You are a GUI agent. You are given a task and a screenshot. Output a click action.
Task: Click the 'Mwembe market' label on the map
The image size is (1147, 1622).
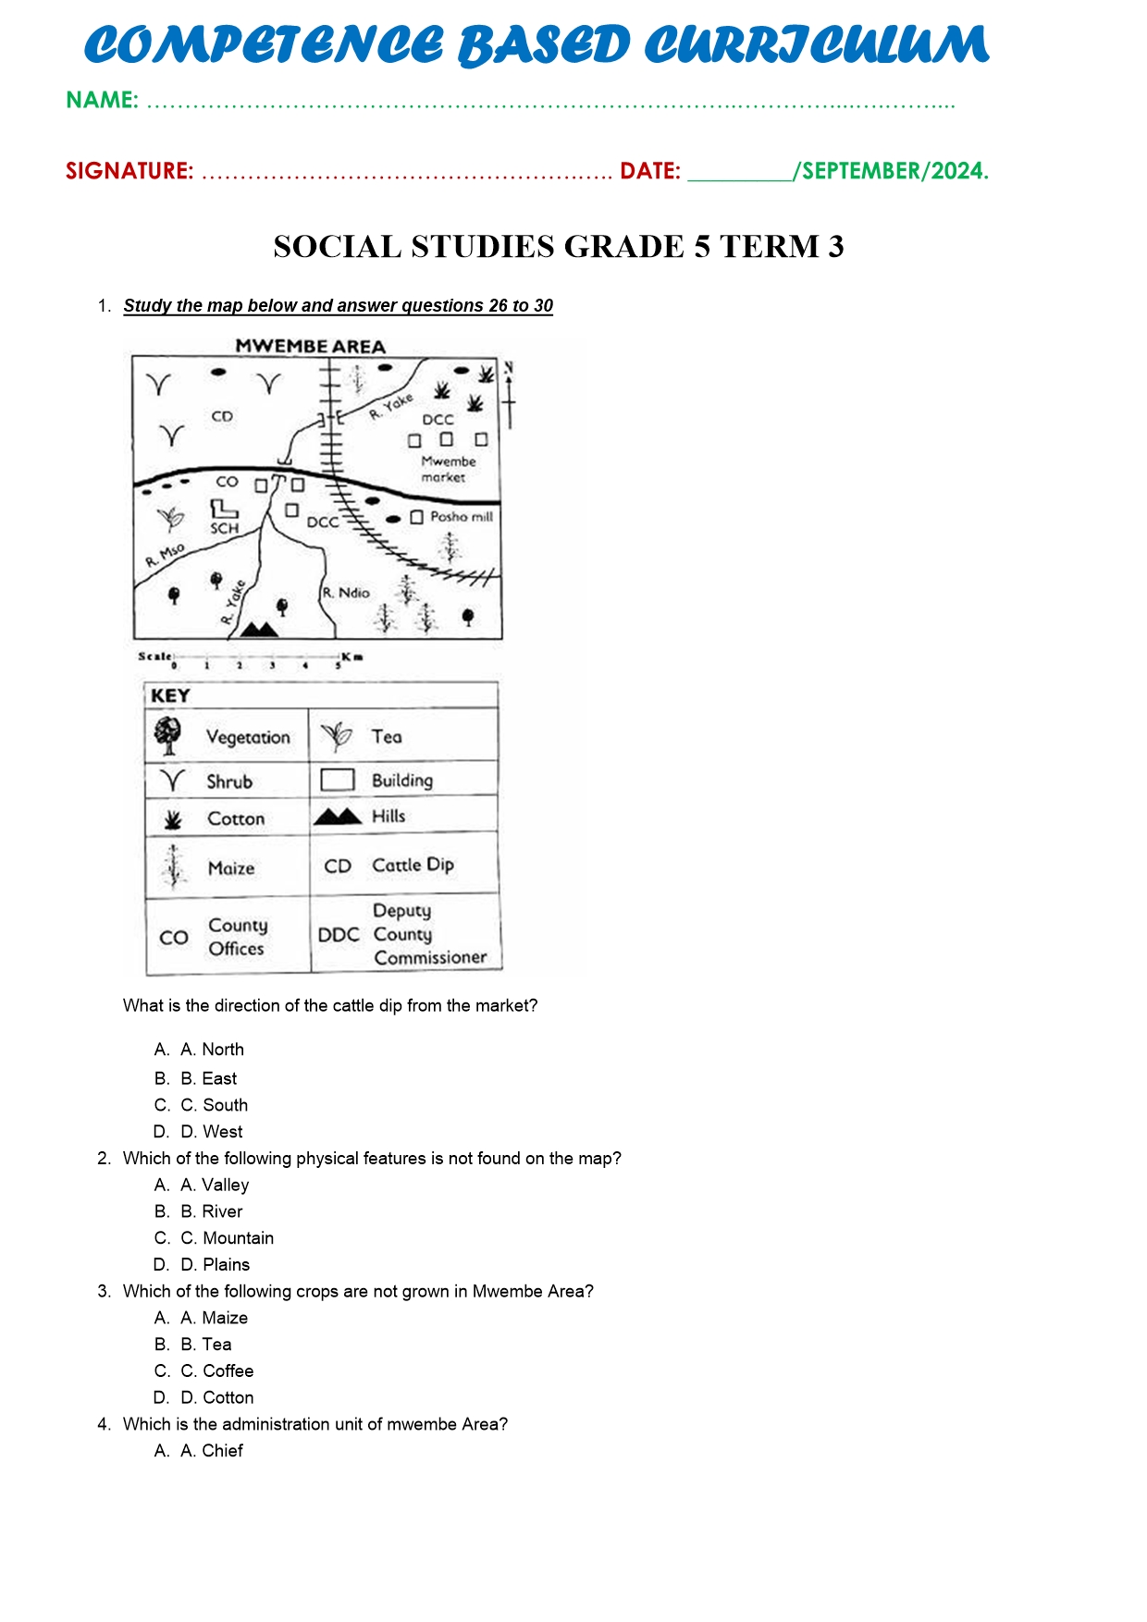click(x=448, y=469)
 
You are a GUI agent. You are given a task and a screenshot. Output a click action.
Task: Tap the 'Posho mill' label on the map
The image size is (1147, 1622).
click(x=461, y=517)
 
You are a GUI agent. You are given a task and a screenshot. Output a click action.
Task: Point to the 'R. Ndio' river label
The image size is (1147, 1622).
click(x=346, y=593)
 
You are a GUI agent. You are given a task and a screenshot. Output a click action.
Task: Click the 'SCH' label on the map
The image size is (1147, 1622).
click(x=224, y=528)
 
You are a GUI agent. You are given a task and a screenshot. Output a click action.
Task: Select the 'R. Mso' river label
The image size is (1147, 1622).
click(x=166, y=555)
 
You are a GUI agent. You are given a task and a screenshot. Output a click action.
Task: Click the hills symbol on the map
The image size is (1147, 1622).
click(x=259, y=630)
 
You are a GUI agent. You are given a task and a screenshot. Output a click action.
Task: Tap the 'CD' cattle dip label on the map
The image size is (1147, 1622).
click(x=222, y=416)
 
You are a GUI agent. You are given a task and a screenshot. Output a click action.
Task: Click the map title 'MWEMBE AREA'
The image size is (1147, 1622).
click(x=310, y=347)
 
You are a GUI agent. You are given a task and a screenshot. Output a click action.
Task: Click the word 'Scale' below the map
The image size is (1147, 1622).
click(x=154, y=657)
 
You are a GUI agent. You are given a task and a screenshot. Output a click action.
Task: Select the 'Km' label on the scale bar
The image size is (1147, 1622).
click(x=351, y=657)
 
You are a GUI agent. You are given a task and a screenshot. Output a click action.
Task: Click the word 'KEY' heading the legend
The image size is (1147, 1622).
click(x=170, y=695)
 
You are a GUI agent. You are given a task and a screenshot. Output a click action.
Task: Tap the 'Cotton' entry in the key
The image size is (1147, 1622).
click(x=236, y=818)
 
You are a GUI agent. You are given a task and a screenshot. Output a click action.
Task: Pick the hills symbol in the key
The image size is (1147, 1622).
click(x=337, y=816)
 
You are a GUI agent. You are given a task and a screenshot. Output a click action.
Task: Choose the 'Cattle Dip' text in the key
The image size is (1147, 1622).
click(x=413, y=865)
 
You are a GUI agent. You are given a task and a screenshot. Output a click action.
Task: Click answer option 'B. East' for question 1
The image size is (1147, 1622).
click(x=209, y=1078)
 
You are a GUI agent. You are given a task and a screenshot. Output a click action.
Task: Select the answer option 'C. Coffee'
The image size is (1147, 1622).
click(x=217, y=1370)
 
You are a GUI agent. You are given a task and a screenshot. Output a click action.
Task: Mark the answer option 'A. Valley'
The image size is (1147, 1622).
click(x=215, y=1185)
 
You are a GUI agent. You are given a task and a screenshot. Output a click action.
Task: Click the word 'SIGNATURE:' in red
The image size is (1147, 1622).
click(x=129, y=171)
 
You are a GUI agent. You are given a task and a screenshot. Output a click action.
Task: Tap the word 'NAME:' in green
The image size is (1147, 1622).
click(x=102, y=100)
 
